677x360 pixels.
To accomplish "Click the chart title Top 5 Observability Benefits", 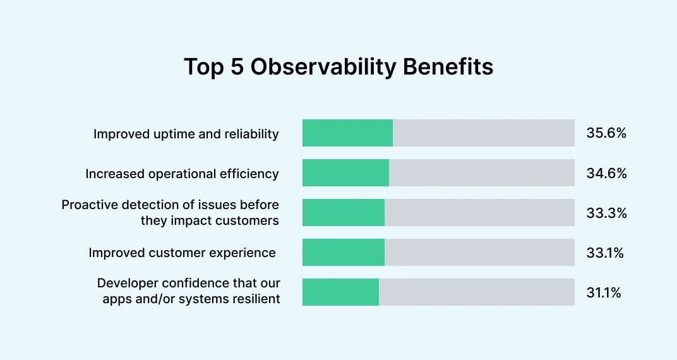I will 338,67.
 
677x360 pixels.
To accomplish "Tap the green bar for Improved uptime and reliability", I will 347,133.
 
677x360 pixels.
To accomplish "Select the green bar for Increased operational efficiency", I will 345,173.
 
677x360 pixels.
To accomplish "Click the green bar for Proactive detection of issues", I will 344,213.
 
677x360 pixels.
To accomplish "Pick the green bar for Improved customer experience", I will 344,253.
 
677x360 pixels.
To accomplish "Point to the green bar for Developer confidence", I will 340,292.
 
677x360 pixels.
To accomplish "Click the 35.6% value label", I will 606,133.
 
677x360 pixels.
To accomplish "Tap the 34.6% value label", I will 606,173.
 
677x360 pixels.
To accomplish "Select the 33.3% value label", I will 606,213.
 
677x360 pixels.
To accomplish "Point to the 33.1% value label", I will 605,253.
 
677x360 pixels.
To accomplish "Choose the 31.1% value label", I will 604,292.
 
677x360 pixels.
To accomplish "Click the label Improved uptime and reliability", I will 186,134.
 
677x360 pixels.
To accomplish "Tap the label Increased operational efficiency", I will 182,174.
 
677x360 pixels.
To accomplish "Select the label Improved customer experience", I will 182,253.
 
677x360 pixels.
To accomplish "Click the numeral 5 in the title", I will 237,67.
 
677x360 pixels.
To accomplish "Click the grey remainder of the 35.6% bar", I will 483,133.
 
